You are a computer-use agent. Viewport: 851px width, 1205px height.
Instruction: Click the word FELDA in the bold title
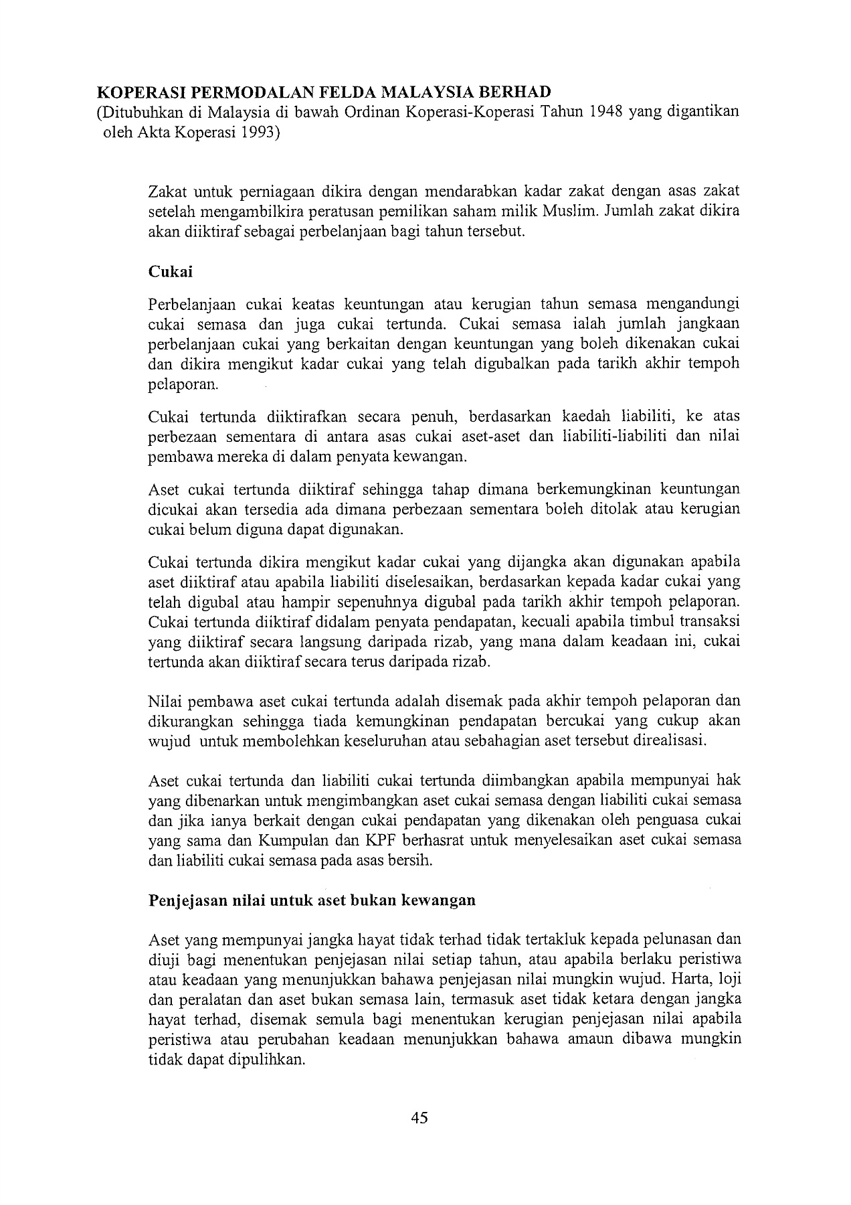(337, 92)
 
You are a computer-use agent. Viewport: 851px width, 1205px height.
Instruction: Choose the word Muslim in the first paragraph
(568, 212)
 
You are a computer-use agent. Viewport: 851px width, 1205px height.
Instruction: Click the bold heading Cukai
(170, 271)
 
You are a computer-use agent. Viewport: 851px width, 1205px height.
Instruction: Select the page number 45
(419, 1117)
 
